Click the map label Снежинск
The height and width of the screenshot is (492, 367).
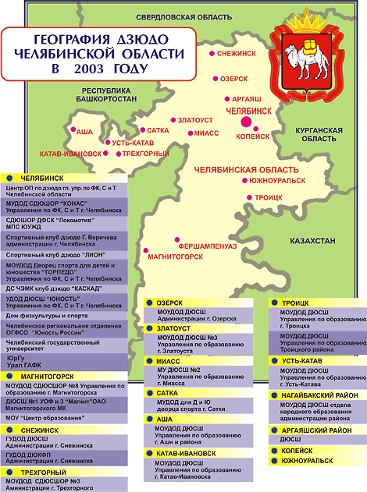click(239, 55)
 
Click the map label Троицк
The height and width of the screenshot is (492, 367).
click(268, 198)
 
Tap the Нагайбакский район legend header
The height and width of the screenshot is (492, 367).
click(316, 395)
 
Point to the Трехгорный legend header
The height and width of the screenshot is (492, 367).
click(45, 473)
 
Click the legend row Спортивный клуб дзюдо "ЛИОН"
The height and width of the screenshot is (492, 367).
click(55, 254)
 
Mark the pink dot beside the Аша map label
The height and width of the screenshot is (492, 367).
click(73, 130)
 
